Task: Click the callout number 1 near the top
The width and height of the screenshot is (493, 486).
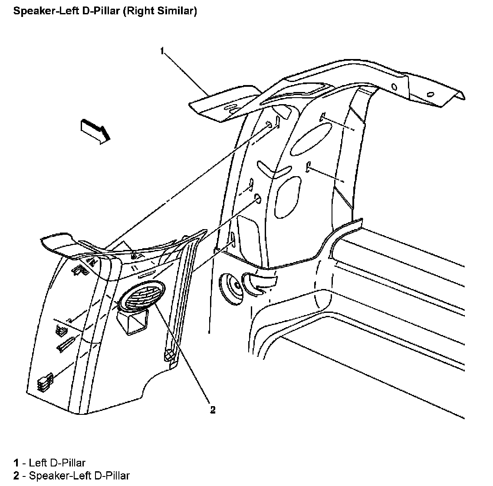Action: pos(162,51)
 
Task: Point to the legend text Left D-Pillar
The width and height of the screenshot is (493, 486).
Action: pos(57,463)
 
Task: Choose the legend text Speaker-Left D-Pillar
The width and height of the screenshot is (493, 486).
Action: pos(79,476)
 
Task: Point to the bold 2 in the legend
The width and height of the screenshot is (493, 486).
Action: pos(16,476)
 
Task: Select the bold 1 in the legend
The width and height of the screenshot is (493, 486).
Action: pos(16,463)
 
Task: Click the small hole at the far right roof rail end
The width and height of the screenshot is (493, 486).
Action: pos(431,94)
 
